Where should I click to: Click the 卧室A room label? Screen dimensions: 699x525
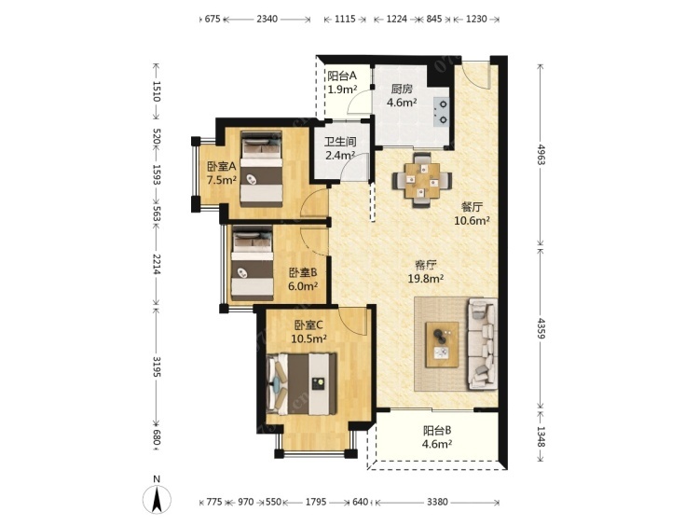(x=221, y=167)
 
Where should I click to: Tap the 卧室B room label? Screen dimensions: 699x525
(x=303, y=272)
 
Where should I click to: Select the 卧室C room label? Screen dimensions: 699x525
(x=308, y=325)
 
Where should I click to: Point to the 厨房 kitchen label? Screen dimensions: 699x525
(x=402, y=90)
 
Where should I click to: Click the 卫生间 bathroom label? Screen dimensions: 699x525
(x=340, y=143)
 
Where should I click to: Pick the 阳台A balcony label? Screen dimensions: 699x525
(x=342, y=76)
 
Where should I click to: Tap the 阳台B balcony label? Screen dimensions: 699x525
(x=437, y=431)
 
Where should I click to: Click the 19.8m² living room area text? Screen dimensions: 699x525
(x=426, y=279)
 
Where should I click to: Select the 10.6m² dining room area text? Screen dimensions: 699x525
(x=473, y=220)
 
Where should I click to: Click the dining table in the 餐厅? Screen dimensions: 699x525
(x=421, y=180)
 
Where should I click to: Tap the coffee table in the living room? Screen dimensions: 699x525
(x=442, y=345)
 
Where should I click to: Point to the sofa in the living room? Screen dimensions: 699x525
(x=482, y=343)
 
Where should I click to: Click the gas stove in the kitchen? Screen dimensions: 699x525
(x=442, y=112)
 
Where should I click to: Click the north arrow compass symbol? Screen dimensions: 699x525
(x=157, y=496)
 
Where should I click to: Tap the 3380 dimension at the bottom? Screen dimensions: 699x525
(x=437, y=503)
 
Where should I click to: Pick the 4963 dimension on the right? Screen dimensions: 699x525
(x=541, y=155)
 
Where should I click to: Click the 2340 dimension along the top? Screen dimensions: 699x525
(x=267, y=20)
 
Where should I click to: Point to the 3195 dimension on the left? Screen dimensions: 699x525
(x=157, y=366)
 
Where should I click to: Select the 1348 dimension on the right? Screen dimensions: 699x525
(x=541, y=437)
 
